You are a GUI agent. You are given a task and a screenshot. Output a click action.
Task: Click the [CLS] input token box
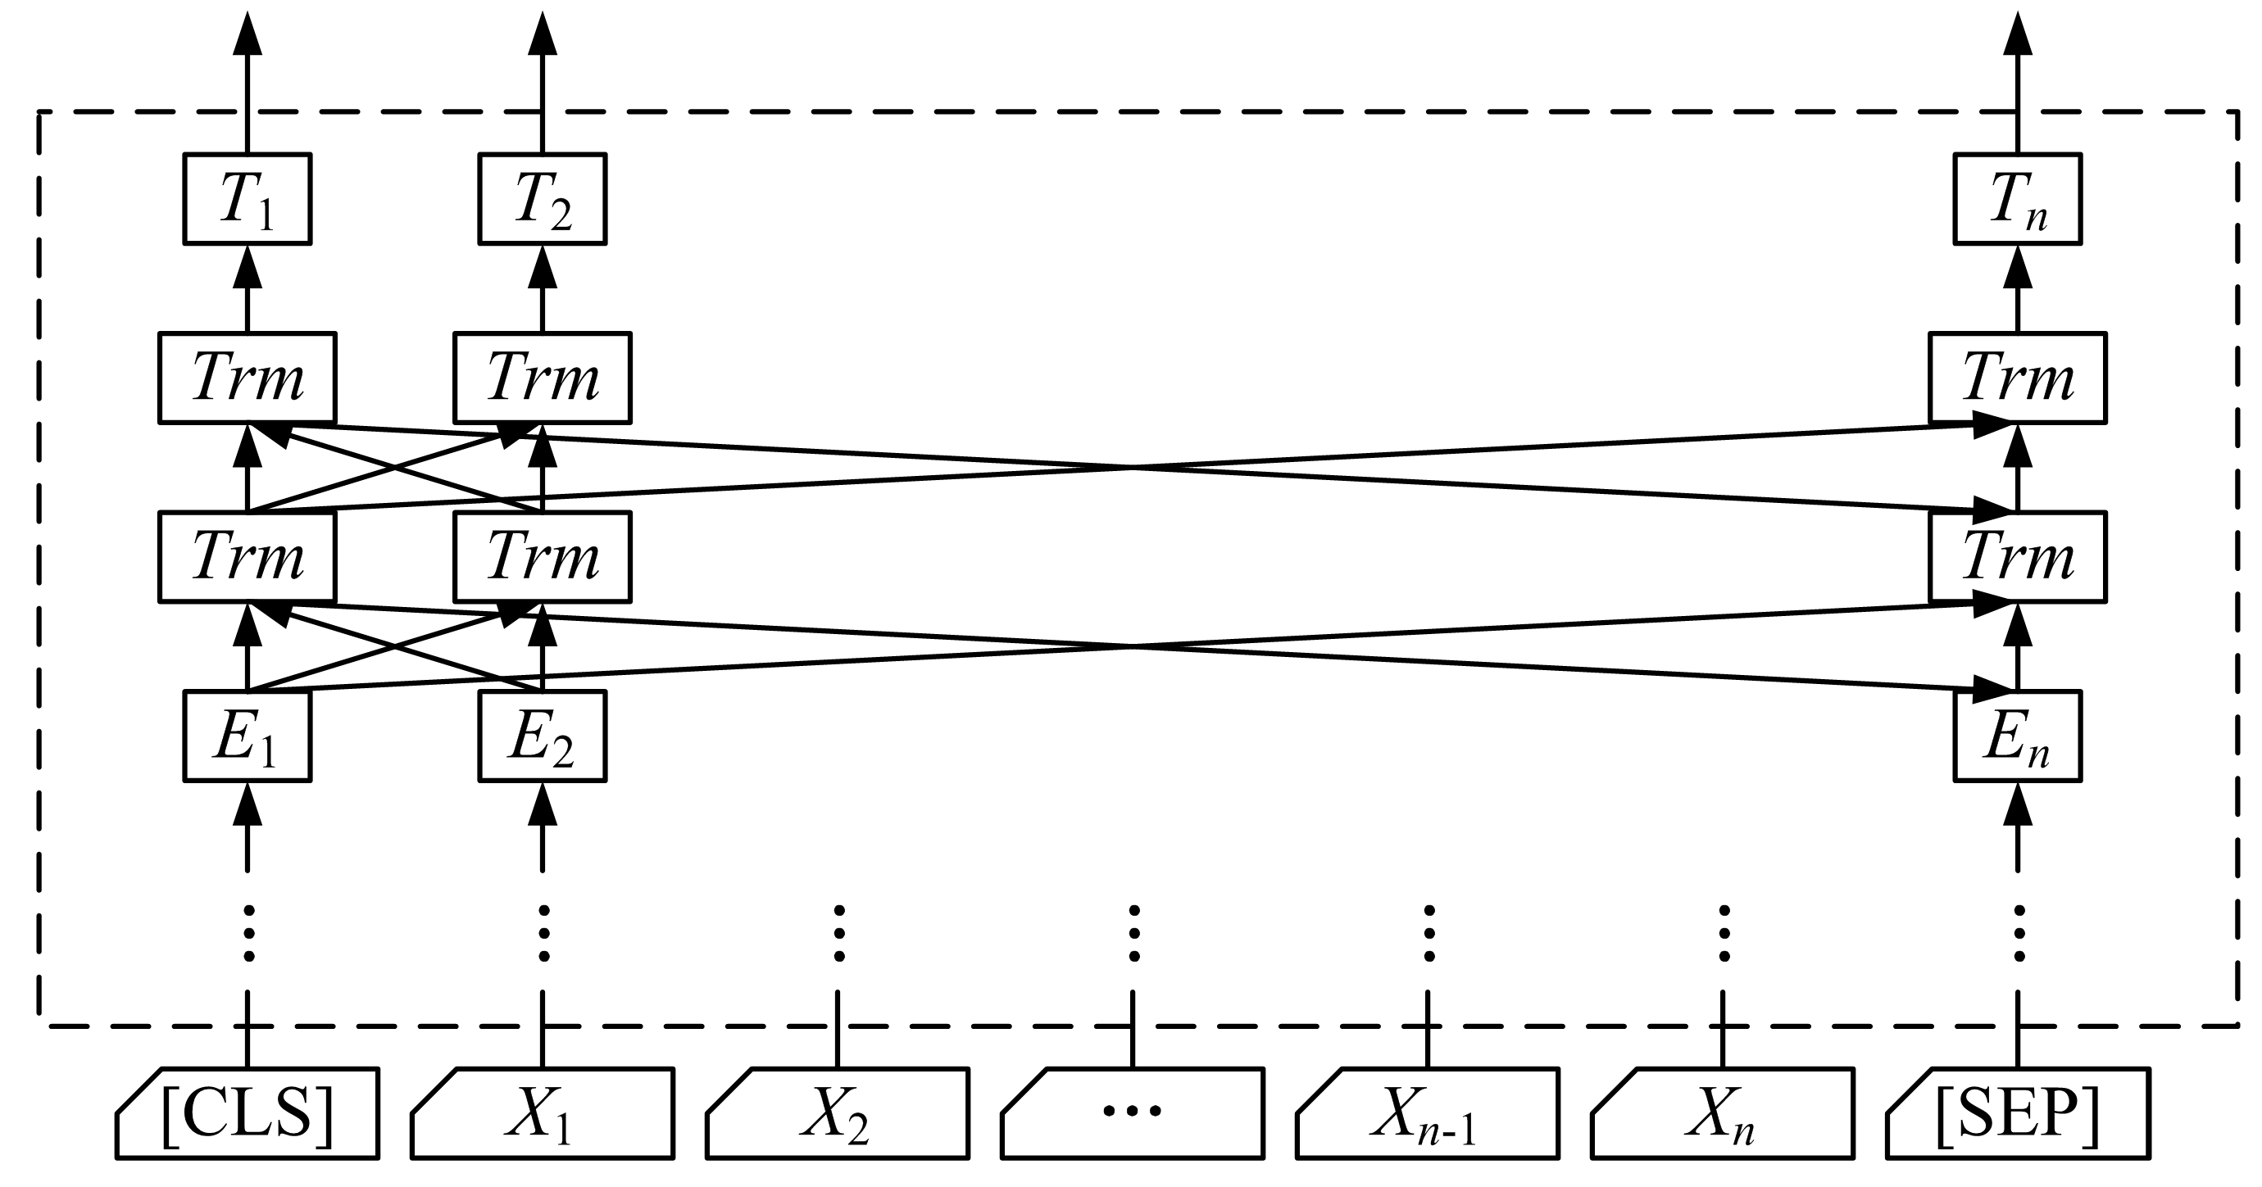(x=248, y=1113)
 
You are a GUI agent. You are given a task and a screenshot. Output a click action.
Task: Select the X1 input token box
(x=542, y=1113)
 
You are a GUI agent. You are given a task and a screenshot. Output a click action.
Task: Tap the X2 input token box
(x=837, y=1113)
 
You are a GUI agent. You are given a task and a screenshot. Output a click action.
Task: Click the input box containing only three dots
(x=1132, y=1113)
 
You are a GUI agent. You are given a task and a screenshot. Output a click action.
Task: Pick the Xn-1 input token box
(x=1427, y=1113)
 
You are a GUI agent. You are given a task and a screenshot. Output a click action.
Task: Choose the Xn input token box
(x=1722, y=1113)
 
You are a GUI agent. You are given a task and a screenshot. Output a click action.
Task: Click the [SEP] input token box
(x=2017, y=1113)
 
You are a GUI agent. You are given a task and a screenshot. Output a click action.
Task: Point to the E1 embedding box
(x=248, y=736)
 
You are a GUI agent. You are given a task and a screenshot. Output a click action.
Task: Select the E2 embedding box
(x=542, y=736)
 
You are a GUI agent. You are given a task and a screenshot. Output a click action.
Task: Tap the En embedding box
(x=2017, y=736)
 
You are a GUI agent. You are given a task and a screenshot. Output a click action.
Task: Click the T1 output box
(x=248, y=199)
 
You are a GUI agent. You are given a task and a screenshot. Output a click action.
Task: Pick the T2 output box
(x=542, y=199)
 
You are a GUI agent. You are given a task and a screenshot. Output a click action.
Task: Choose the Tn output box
(x=2017, y=199)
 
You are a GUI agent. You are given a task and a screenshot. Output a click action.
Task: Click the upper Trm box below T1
(x=248, y=378)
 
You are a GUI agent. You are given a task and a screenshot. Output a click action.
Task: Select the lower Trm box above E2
(x=542, y=556)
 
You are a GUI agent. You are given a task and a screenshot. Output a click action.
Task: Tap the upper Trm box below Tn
(x=2017, y=378)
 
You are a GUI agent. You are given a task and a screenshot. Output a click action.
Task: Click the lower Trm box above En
(x=2017, y=556)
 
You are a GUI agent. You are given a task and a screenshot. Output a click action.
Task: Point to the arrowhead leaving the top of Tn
(x=2017, y=35)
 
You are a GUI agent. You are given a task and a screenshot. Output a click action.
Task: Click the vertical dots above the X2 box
(x=838, y=933)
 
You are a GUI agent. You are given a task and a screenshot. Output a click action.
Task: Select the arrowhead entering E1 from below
(x=248, y=803)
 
